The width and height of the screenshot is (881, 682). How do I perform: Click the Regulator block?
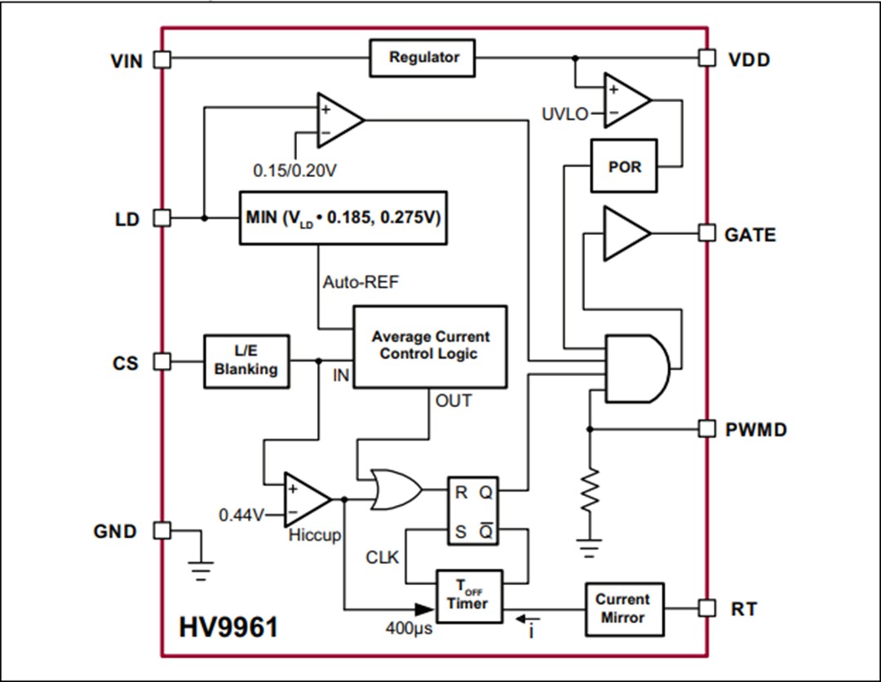tap(423, 58)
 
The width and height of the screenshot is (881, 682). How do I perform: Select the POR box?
tap(624, 166)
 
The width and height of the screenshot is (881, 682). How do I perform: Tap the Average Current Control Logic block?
tap(429, 346)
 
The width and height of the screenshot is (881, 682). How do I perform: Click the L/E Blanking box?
tap(246, 361)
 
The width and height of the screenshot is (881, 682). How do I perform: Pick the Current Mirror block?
tap(623, 609)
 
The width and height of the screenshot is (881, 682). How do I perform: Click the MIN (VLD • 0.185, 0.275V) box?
tap(343, 219)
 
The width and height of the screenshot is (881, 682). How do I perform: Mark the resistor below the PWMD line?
tap(589, 489)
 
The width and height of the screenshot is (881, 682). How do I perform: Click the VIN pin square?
tap(162, 59)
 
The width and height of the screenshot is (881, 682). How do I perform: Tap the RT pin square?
tap(707, 609)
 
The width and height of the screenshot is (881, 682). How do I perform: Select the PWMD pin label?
tap(756, 429)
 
